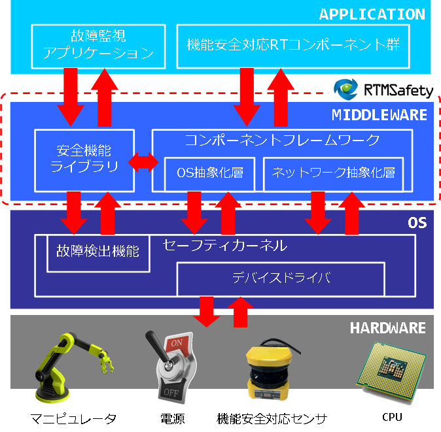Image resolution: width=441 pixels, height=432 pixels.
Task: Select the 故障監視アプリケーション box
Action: click(x=97, y=45)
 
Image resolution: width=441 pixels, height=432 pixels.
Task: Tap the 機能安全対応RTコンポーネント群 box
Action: click(x=293, y=45)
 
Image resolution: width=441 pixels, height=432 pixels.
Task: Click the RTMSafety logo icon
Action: click(x=344, y=89)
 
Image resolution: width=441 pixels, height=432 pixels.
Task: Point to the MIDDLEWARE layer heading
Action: click(x=379, y=115)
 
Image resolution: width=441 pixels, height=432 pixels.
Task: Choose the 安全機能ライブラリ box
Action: click(x=84, y=159)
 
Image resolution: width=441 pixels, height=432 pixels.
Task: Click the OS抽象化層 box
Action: click(x=209, y=173)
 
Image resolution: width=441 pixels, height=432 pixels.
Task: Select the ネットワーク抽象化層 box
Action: click(x=333, y=173)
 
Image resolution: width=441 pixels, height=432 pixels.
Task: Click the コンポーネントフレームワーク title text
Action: click(x=282, y=139)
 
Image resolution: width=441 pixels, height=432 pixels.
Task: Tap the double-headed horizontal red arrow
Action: click(x=143, y=161)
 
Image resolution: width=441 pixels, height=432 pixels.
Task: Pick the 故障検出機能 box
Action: click(x=97, y=252)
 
